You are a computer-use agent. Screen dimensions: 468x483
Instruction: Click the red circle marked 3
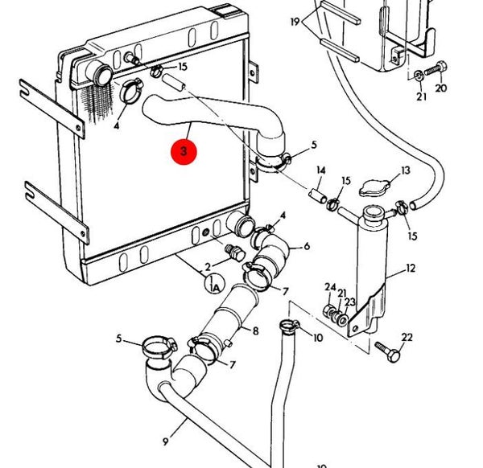pos(185,151)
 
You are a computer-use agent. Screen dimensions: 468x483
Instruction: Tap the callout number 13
pos(405,170)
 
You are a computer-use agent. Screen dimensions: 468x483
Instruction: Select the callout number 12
pos(411,268)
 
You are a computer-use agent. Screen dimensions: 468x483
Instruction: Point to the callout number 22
pos(407,337)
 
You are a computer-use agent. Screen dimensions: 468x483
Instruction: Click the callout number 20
pos(440,88)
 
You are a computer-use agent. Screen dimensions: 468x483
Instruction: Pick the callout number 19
pos(295,20)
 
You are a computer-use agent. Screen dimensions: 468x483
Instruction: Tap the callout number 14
pos(320,170)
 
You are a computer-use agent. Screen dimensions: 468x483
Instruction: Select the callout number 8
pos(255,330)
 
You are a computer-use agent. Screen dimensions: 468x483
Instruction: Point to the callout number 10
pos(318,338)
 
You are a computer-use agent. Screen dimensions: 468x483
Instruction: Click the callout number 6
pos(306,246)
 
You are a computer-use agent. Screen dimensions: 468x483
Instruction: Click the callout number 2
pos(207,265)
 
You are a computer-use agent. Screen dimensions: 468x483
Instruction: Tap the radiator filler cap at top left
pos(103,74)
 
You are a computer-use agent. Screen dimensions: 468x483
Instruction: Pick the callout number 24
pos(329,287)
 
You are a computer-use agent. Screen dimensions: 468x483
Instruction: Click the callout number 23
pos(350,302)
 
